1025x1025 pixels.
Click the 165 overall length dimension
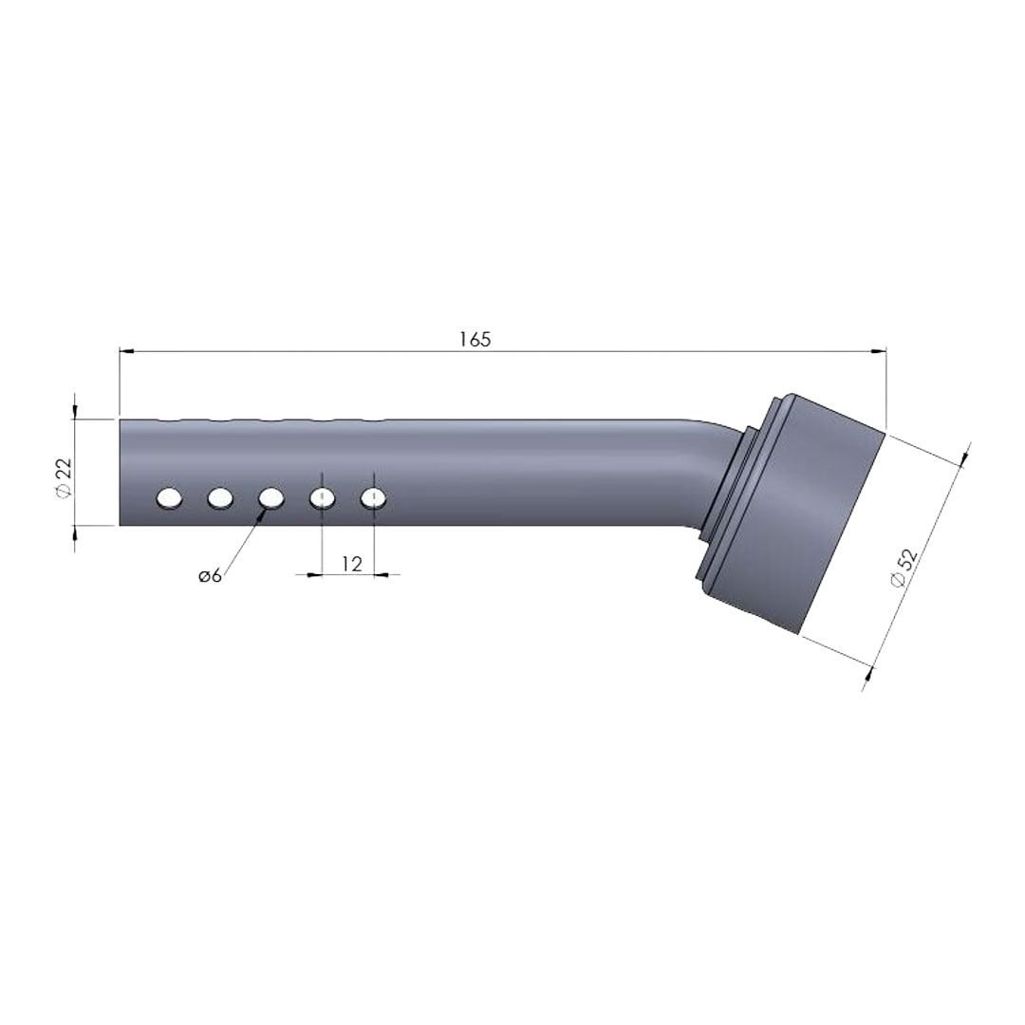pyautogui.click(x=475, y=339)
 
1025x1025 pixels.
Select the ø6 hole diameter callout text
pyautogui.click(x=211, y=576)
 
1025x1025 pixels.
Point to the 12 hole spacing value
pyautogui.click(x=352, y=564)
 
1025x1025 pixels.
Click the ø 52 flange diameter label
pyautogui.click(x=905, y=568)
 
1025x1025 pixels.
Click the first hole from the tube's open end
pyautogui.click(x=169, y=499)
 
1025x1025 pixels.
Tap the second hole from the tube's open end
pyautogui.click(x=220, y=499)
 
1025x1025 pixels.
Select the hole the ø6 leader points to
pyautogui.click(x=271, y=499)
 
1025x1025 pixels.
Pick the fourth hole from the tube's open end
pyautogui.click(x=323, y=499)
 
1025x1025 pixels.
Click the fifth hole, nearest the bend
pyautogui.click(x=373, y=499)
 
